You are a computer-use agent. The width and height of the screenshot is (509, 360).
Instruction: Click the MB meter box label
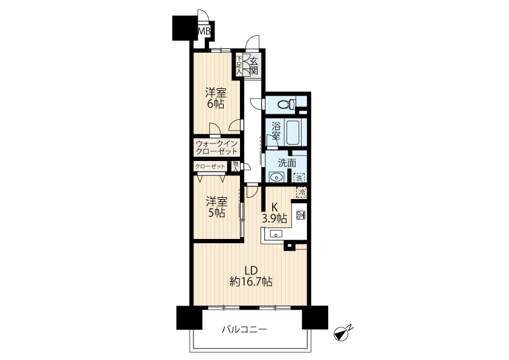pyautogui.click(x=204, y=31)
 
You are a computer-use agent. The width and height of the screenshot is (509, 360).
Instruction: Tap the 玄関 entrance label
pyautogui.click(x=254, y=65)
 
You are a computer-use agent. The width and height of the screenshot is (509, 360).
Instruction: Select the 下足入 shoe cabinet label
pyautogui.click(x=239, y=65)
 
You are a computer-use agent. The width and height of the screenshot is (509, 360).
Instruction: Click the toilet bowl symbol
pyautogui.click(x=286, y=104)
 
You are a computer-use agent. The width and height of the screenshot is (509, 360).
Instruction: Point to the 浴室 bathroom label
pyautogui.click(x=276, y=131)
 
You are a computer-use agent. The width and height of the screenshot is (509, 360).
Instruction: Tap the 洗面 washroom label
pyautogui.click(x=287, y=163)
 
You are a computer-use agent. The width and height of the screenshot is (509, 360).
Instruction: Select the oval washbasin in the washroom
pyautogui.click(x=276, y=177)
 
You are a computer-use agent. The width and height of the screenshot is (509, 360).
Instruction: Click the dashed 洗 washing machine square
pyautogui.click(x=299, y=178)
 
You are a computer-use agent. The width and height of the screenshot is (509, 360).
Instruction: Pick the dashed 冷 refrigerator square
pyautogui.click(x=302, y=192)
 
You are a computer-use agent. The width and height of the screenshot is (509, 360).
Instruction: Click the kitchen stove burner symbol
pyautogui.click(x=300, y=215)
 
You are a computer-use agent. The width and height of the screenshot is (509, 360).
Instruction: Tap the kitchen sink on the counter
pyautogui.click(x=276, y=234)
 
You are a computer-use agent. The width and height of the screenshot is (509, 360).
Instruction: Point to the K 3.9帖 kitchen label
pyautogui.click(x=274, y=213)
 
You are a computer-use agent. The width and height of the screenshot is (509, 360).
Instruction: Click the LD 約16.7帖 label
pyautogui.click(x=251, y=276)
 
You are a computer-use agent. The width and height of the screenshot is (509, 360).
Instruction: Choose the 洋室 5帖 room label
pyautogui.click(x=216, y=207)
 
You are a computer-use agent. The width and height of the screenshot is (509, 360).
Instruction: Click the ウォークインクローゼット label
pyautogui.click(x=216, y=148)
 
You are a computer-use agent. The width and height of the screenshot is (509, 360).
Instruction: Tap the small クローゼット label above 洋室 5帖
pyautogui.click(x=210, y=166)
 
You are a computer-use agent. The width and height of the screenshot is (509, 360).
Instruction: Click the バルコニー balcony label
pyautogui.click(x=244, y=330)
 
